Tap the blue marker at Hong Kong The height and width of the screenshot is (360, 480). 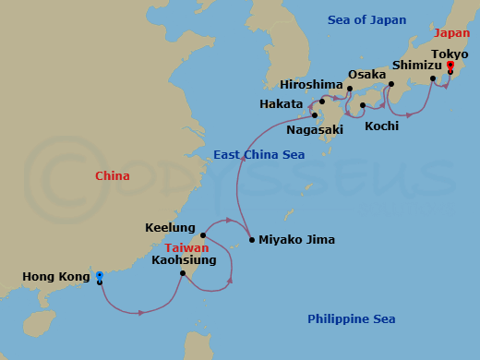tap(99, 275)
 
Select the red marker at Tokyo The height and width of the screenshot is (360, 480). tap(450, 65)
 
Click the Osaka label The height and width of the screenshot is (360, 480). tap(366, 74)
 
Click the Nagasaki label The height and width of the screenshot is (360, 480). tap(314, 130)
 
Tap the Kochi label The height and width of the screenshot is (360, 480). tap(381, 125)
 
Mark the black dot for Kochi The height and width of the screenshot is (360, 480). tap(363, 105)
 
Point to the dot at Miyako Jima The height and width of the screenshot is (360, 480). tap(249, 241)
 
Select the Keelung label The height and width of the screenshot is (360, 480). tap(170, 227)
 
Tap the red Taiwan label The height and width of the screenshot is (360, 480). tap(186, 247)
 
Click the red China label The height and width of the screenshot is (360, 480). tap(112, 175)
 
